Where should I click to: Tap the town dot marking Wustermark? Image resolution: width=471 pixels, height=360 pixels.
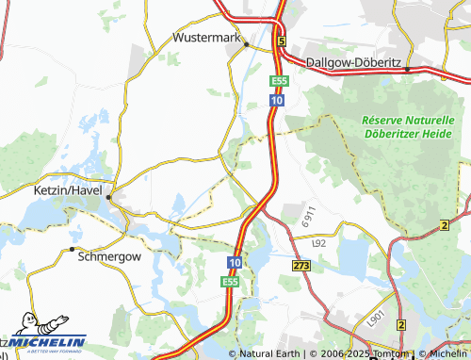pos(247,44)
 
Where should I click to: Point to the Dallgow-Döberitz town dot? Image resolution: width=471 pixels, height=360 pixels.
pos(406,70)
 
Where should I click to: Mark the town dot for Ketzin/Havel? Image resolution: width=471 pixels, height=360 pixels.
pos(110,198)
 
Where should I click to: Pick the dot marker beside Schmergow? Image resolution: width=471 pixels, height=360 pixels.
pos(73,250)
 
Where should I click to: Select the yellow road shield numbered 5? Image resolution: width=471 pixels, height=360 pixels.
pos(281,41)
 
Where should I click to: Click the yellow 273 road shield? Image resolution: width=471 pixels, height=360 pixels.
pos(301,267)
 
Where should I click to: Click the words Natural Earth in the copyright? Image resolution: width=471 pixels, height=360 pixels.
pos(271,354)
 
